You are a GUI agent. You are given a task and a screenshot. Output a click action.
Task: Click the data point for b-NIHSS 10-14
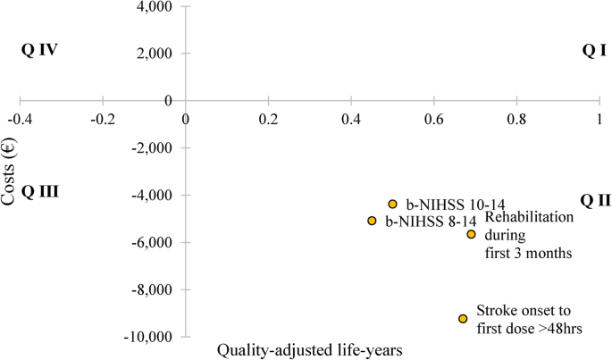point(392,205)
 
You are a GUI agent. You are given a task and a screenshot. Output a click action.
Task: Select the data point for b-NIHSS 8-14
point(372,221)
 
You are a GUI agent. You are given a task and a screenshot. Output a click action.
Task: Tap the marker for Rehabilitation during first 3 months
point(471,234)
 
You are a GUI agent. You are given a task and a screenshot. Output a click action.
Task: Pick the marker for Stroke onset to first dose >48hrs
point(463,319)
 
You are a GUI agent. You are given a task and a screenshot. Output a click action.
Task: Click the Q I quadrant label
point(594,51)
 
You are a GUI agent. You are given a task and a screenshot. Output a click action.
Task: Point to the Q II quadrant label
point(595,200)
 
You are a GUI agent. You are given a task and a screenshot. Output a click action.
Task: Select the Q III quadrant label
point(39,190)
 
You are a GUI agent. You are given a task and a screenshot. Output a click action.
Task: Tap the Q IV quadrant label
point(39,50)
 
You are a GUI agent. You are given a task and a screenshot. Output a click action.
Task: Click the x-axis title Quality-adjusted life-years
point(310,351)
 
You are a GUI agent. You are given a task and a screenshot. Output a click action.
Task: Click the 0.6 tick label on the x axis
point(434,118)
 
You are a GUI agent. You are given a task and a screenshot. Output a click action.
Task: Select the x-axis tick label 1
point(599,118)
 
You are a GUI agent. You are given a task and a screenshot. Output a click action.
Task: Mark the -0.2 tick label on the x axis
point(103,118)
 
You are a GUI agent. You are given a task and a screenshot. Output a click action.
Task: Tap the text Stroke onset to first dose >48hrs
point(529,320)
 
